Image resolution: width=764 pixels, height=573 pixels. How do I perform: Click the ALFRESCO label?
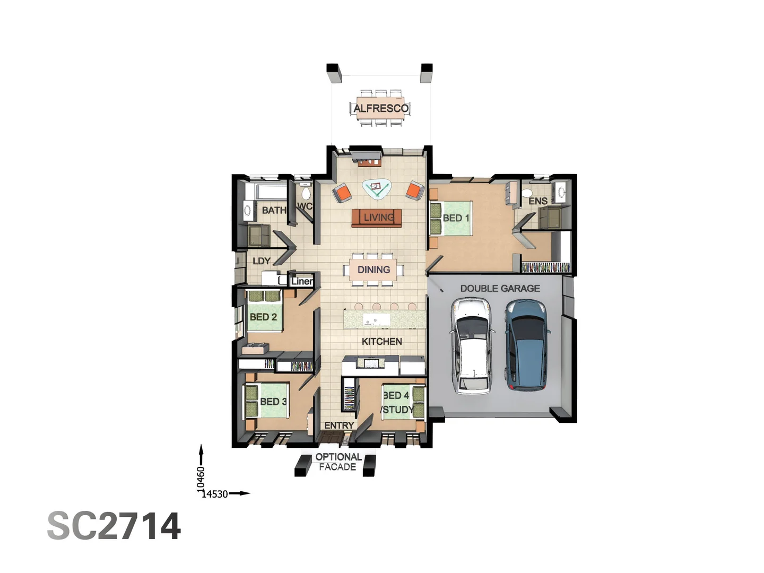380,108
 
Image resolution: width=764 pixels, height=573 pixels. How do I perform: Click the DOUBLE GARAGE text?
500,289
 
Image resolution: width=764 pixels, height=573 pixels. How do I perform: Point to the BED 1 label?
456,218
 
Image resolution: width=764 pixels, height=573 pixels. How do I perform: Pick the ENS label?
537,201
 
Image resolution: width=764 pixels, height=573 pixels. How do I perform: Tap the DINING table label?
374,270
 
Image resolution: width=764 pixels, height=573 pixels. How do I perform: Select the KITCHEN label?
381,342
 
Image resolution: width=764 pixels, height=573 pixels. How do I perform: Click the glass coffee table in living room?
377,187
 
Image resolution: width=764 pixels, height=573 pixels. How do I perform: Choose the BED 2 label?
263,317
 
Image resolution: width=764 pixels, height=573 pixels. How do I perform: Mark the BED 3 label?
273,402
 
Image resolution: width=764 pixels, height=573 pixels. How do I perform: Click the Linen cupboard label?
301,281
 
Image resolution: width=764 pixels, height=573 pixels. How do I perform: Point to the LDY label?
262,261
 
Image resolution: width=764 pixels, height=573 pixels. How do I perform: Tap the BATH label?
274,210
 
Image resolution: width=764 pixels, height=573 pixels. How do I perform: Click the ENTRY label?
339,426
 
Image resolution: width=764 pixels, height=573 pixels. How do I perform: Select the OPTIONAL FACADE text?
338,462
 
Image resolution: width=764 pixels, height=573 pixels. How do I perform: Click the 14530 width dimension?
215,494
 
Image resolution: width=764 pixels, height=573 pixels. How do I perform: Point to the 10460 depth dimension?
201,479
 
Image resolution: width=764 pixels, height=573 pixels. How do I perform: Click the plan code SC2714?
114,526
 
